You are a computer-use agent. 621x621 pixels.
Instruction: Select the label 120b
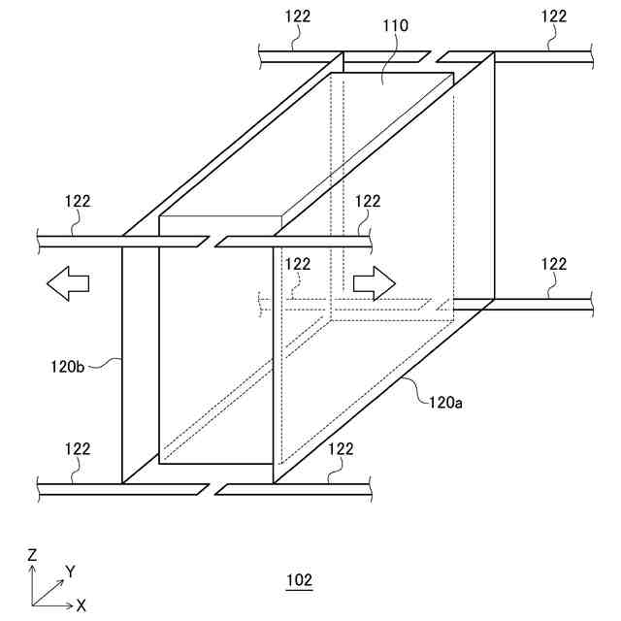(70, 368)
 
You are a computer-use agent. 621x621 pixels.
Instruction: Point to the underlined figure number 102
(299, 581)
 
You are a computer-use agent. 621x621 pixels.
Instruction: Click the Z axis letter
(32, 555)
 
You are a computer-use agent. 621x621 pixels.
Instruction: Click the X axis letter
(82, 605)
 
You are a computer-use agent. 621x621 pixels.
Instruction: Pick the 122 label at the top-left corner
(299, 16)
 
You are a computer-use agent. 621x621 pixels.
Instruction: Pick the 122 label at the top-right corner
(554, 16)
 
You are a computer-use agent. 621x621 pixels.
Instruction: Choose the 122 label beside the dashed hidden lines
(298, 264)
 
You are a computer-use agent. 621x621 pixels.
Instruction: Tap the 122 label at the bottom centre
(342, 448)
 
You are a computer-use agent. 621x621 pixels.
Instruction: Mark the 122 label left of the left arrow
(78, 201)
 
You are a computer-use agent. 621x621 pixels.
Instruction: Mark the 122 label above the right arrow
(368, 201)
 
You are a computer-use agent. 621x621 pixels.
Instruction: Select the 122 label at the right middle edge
(554, 264)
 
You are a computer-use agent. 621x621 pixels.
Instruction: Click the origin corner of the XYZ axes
(33, 605)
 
